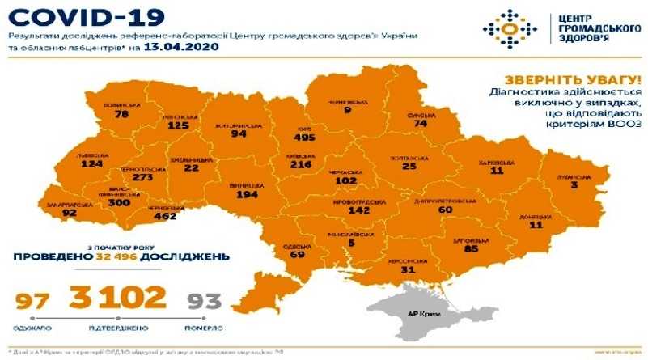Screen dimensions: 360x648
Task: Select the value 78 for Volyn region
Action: point(122,115)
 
